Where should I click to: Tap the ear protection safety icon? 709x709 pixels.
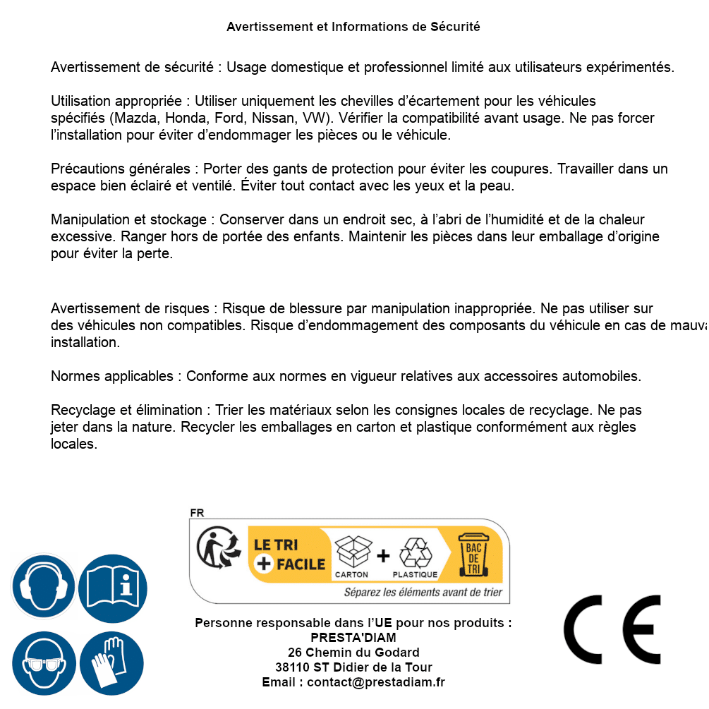point(43,586)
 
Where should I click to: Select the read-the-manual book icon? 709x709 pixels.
point(113,586)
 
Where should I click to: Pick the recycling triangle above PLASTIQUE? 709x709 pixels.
point(415,552)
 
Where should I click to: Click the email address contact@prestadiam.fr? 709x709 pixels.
point(376,682)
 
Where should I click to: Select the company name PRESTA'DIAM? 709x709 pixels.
point(353,638)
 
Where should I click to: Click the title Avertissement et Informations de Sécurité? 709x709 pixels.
point(353,27)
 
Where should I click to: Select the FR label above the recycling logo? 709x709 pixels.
point(197,513)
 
